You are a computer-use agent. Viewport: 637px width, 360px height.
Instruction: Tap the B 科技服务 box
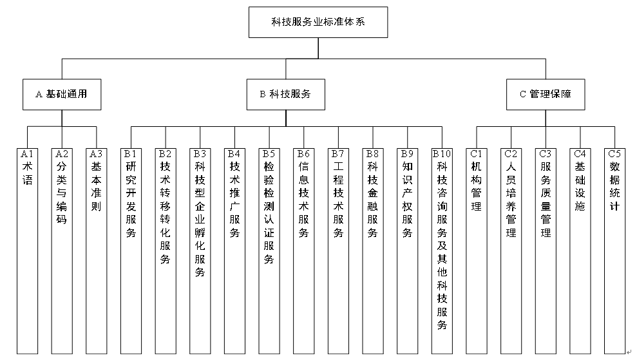(x=285, y=94)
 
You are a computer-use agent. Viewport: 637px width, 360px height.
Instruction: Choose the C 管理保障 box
(x=545, y=94)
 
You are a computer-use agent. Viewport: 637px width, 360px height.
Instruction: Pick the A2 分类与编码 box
(x=62, y=251)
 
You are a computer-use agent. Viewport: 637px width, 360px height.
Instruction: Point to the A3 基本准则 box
(x=96, y=251)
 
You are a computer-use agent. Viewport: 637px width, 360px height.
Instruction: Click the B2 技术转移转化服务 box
(x=166, y=251)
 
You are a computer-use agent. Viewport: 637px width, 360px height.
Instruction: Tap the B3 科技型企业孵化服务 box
(x=200, y=251)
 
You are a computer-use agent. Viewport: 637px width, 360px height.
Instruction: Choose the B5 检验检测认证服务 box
(x=269, y=251)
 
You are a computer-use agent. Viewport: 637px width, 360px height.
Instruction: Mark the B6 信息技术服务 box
(x=303, y=251)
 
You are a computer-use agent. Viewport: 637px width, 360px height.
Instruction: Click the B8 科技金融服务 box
(x=372, y=251)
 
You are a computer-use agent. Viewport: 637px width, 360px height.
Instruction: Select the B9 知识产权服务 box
(x=407, y=251)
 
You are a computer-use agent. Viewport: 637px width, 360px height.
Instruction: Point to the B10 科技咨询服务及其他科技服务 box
(x=442, y=251)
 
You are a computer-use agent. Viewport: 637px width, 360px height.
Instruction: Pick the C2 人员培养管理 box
(x=511, y=251)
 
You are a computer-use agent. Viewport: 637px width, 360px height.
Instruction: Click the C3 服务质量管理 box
(x=546, y=251)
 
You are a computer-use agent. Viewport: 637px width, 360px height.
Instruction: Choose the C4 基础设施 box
(x=580, y=251)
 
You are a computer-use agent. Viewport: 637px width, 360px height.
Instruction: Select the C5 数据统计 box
(x=614, y=251)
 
